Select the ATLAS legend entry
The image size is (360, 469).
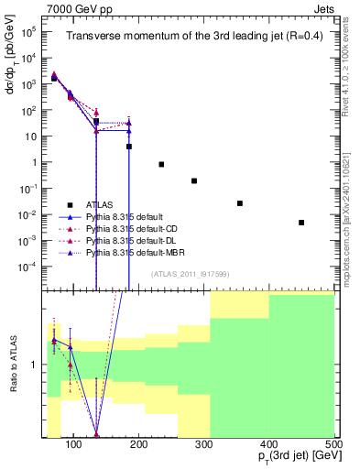tap(99, 205)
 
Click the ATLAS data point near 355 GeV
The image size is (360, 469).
tap(240, 203)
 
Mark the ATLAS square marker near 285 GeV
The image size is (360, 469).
tap(194, 180)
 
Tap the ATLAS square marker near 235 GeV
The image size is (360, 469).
tap(161, 164)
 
